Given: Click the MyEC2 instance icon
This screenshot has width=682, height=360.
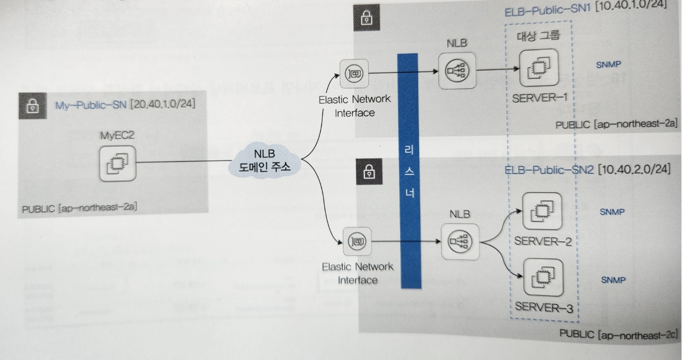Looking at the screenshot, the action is tap(117, 163).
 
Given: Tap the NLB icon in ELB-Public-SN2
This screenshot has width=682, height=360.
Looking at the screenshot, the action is tap(460, 243).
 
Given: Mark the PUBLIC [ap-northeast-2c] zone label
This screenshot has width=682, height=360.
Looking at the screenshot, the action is tap(619, 334).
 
